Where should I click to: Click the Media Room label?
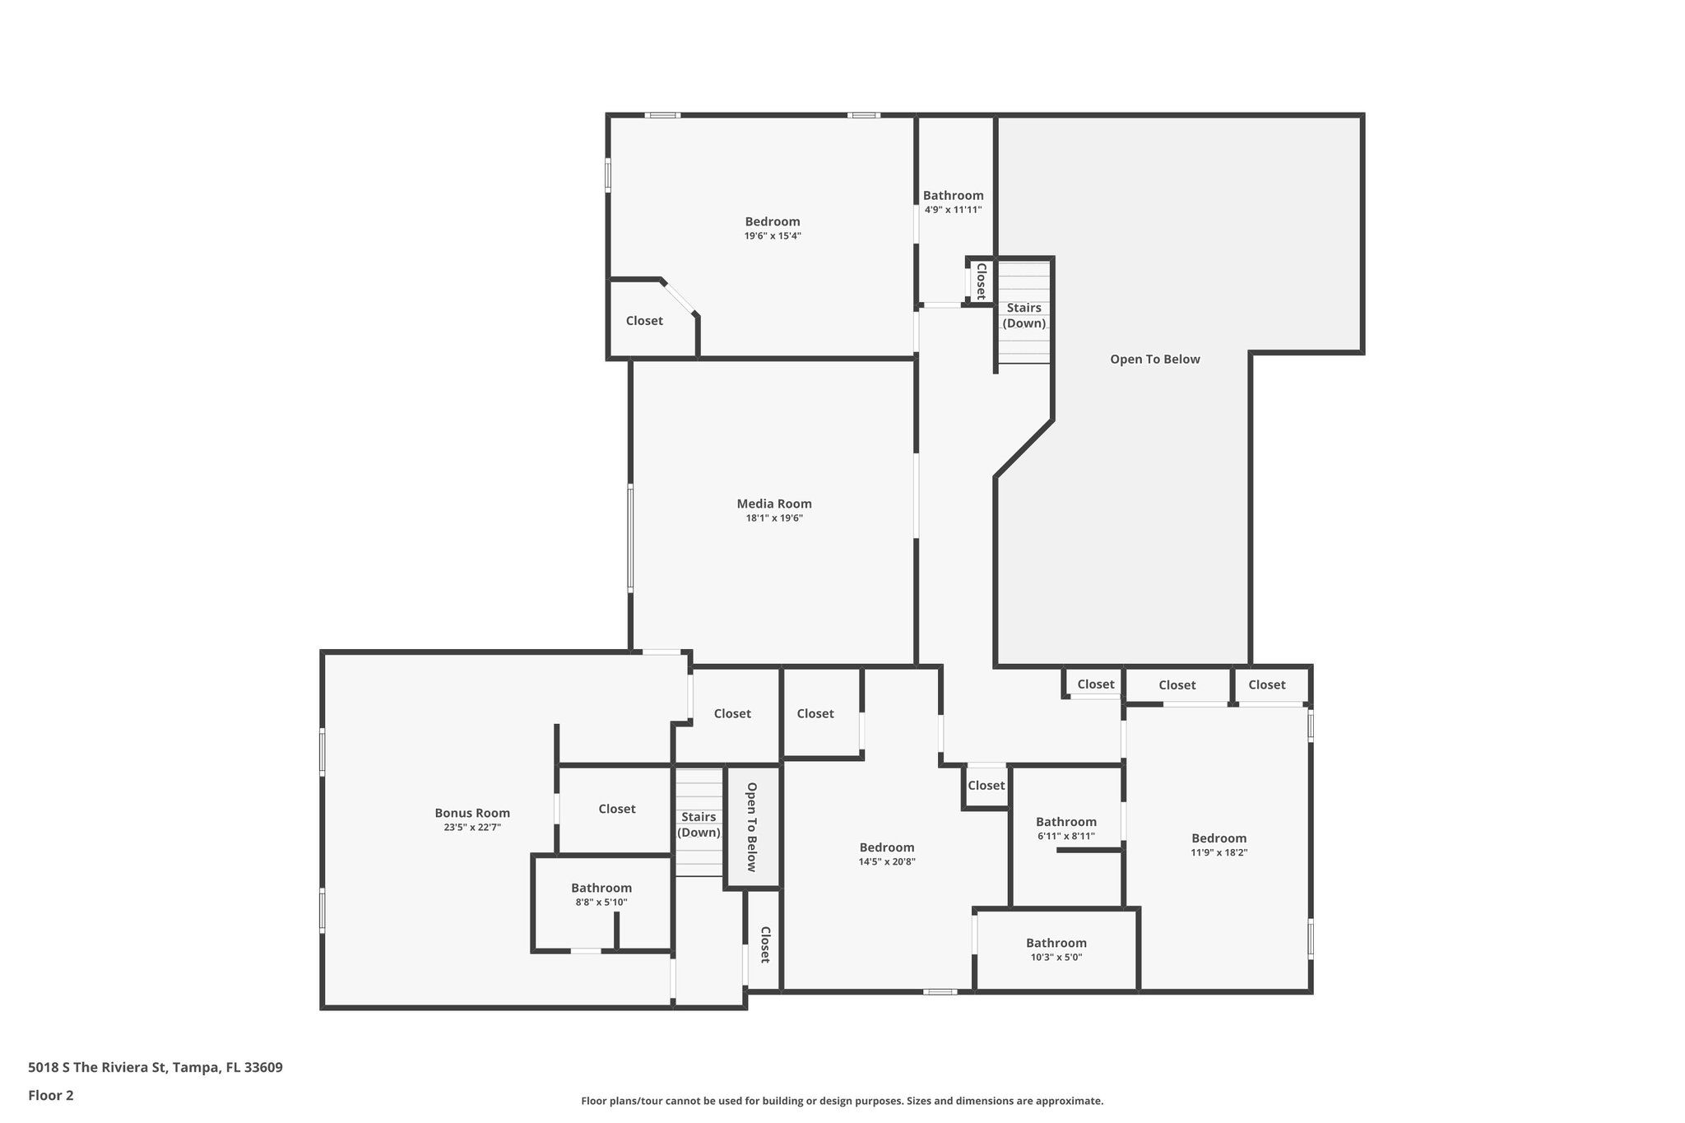pyautogui.click(x=773, y=503)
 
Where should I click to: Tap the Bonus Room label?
pyautogui.click(x=472, y=813)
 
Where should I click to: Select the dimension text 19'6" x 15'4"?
pyautogui.click(x=772, y=236)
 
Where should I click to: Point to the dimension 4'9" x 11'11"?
pyautogui.click(x=953, y=210)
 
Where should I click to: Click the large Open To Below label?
pyautogui.click(x=1154, y=359)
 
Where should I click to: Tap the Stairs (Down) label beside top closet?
pyautogui.click(x=1024, y=315)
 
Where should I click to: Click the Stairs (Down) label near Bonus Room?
pyautogui.click(x=699, y=824)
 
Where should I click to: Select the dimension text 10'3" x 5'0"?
pyautogui.click(x=1056, y=958)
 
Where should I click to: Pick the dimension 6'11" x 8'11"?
pyautogui.click(x=1065, y=836)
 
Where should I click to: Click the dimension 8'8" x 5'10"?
pyautogui.click(x=601, y=903)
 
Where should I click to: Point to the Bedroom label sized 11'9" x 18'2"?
pyautogui.click(x=1218, y=838)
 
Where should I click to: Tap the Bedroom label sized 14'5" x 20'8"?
pyautogui.click(x=886, y=847)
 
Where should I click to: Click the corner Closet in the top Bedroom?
pyautogui.click(x=644, y=321)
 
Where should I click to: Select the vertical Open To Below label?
pyautogui.click(x=751, y=826)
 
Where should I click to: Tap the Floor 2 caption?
pyautogui.click(x=51, y=1095)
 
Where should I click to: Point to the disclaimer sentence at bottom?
pyautogui.click(x=842, y=1101)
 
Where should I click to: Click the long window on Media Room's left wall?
pyautogui.click(x=630, y=538)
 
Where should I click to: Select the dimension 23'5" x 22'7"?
pyautogui.click(x=472, y=828)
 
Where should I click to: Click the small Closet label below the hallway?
pyautogui.click(x=986, y=786)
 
